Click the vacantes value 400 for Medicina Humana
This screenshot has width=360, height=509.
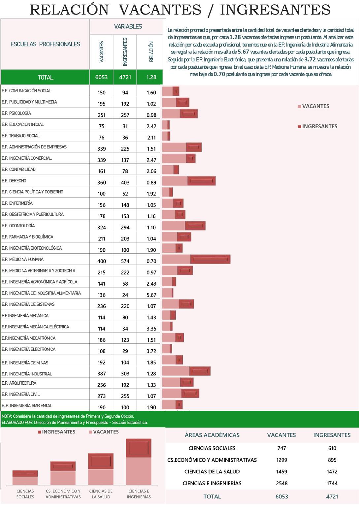[101, 261]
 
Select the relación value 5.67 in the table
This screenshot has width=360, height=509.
[151, 295]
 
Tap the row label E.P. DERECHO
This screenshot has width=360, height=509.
[14, 181]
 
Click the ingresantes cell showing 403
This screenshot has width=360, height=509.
[125, 182]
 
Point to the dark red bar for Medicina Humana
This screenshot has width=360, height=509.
[210, 259]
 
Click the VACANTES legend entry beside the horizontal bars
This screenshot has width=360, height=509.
[315, 106]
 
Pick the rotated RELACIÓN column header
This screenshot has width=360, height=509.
[151, 52]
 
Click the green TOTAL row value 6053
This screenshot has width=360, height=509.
[101, 77]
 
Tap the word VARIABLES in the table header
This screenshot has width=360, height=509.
[128, 26]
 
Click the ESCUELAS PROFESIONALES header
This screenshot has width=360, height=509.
[45, 44]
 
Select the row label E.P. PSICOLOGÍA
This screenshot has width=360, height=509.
[16, 113]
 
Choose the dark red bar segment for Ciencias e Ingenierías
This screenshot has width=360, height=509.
[139, 448]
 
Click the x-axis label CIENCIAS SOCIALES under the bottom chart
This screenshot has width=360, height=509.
[25, 494]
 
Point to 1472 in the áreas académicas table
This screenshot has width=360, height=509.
[332, 472]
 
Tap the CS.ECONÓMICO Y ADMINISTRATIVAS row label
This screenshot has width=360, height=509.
[212, 460]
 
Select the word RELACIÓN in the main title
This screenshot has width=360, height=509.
[69, 10]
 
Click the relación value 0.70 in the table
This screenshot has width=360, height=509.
[151, 261]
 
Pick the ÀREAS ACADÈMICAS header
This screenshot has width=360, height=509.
[212, 435]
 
